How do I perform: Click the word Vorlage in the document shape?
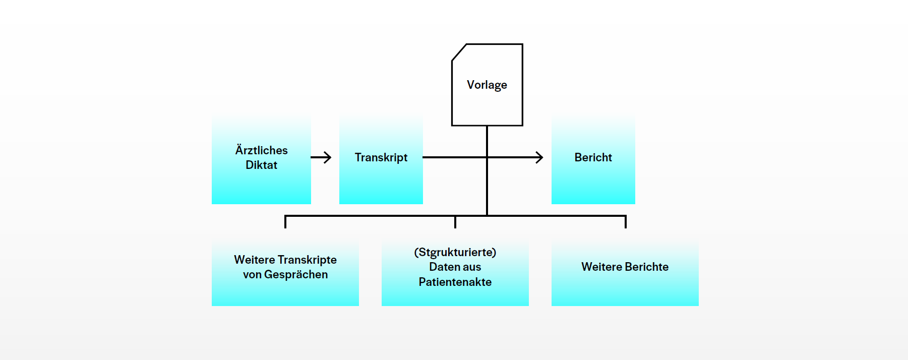pos(487,85)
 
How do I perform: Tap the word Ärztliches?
pos(261,150)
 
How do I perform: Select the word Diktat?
pos(261,165)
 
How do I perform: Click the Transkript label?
pos(381,157)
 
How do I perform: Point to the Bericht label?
pos(593,157)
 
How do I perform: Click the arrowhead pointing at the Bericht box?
pos(539,157)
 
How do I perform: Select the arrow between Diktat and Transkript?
pos(321,157)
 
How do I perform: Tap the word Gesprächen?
pos(296,274)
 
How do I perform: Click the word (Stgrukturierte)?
pos(455,252)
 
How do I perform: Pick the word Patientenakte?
pos(455,282)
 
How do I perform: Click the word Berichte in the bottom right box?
pos(646,267)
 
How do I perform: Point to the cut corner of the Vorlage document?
pos(459,52)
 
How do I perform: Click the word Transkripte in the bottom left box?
pos(307,260)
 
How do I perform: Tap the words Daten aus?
pos(455,267)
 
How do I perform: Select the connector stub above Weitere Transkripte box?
pos(285,222)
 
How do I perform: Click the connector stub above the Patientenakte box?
pos(455,222)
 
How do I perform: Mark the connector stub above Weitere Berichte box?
pos(625,222)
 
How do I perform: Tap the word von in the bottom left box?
pos(252,274)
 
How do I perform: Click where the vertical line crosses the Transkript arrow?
pos(487,157)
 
